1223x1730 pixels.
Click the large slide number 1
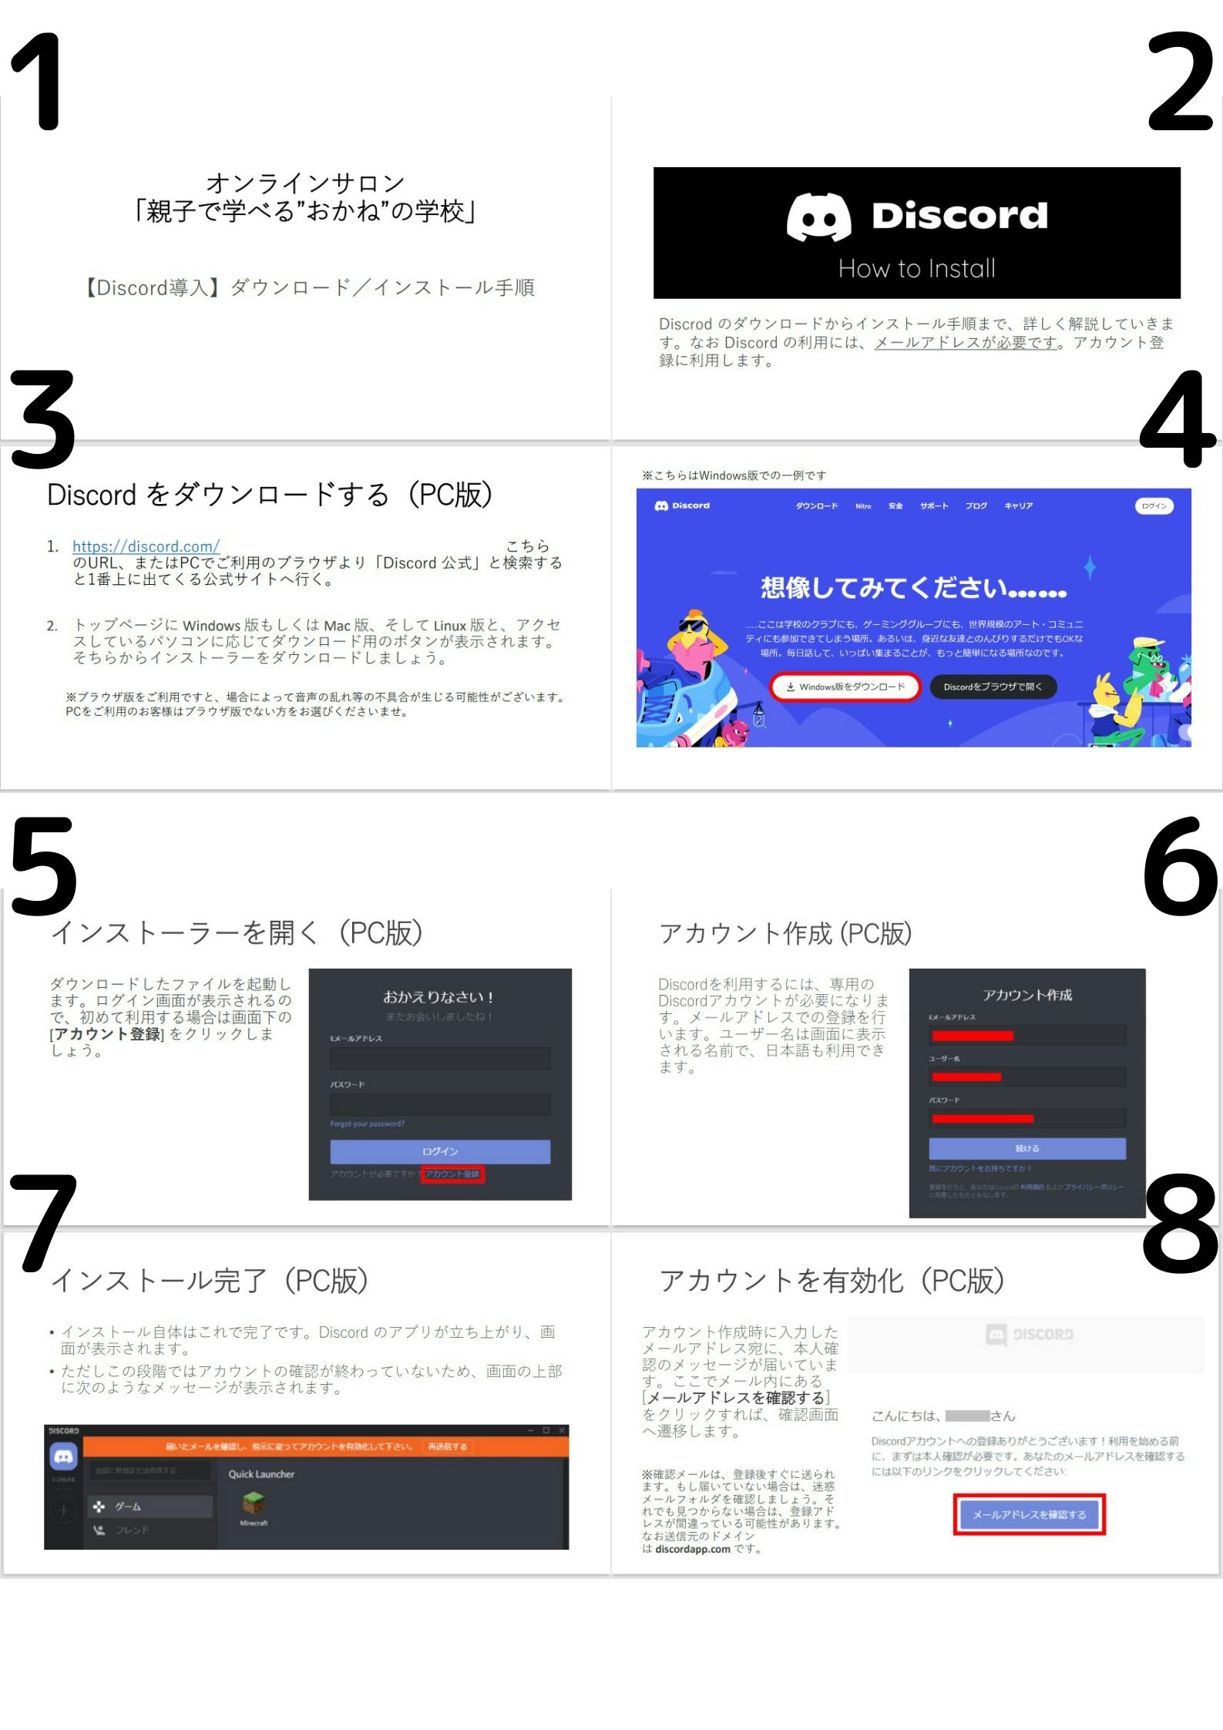(39, 83)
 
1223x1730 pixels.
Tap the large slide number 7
(45, 1224)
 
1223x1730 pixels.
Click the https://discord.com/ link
(146, 546)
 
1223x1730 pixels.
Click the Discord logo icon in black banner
(818, 217)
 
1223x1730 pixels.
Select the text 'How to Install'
(916, 268)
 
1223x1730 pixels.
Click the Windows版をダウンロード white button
(845, 687)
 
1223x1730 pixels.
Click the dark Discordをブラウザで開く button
(993, 687)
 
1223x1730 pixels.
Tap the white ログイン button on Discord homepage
(1154, 506)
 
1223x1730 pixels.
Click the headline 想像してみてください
(913, 589)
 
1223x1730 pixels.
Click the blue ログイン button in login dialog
(440, 1151)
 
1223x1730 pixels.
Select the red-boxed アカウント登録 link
(452, 1174)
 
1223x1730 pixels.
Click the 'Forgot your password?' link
(368, 1124)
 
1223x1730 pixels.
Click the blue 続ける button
(1026, 1148)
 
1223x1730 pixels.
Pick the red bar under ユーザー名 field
(966, 1077)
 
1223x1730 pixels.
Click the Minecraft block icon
(254, 1503)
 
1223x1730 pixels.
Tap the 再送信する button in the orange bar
(448, 1446)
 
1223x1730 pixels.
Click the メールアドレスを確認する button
(1029, 1514)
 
